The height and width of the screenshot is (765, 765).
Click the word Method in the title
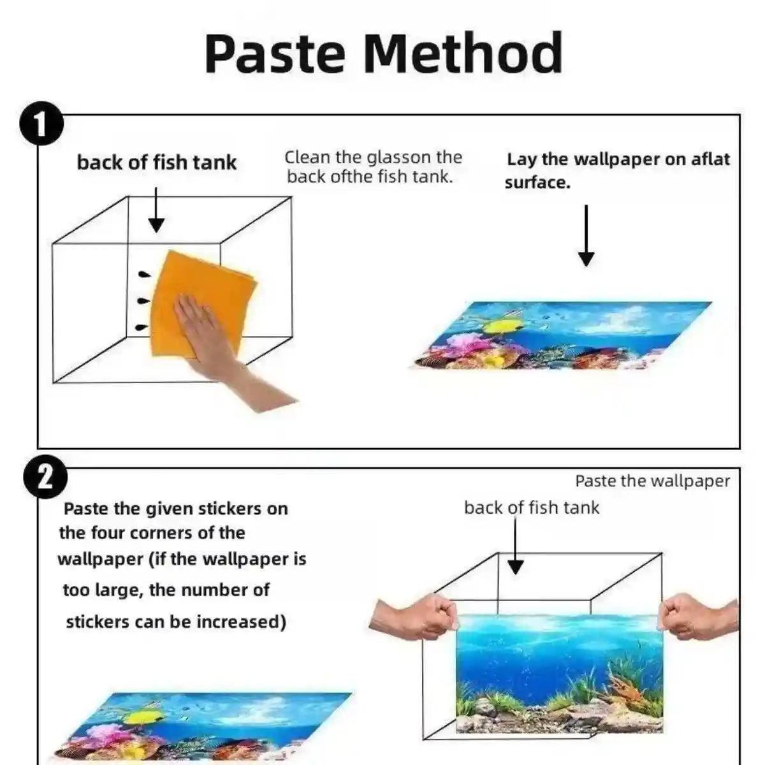pos(463,53)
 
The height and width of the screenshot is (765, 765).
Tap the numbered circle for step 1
pos(41,124)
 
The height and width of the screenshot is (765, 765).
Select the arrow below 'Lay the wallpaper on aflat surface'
pos(586,236)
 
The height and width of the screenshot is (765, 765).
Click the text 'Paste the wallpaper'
pos(652,481)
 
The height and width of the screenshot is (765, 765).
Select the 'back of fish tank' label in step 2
pos(531,507)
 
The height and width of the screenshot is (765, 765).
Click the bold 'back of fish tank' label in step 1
pos(156,163)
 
